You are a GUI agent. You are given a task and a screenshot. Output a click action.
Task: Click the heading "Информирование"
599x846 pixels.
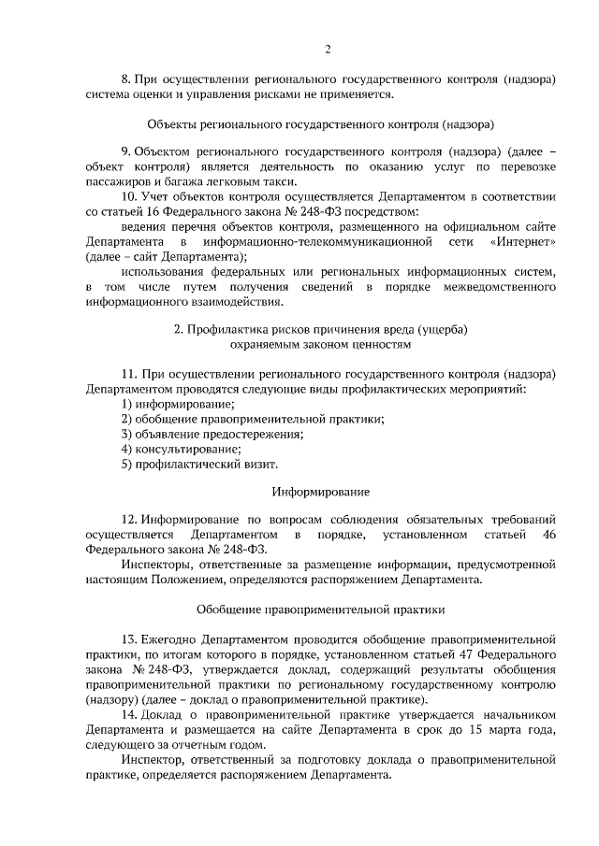(321, 491)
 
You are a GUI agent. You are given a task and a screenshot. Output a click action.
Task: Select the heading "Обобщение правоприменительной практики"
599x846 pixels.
(321, 609)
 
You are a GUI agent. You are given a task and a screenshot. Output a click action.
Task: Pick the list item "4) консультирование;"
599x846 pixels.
(175, 448)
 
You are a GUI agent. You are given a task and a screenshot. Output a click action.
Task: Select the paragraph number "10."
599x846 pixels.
(131, 197)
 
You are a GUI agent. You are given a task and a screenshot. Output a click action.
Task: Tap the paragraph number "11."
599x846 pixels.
(130, 374)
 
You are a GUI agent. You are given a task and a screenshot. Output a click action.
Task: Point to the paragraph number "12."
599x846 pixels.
(130, 518)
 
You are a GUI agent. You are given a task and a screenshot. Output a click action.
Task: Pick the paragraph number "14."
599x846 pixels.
(130, 715)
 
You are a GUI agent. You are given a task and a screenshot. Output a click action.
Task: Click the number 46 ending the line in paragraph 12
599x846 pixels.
(549, 533)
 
